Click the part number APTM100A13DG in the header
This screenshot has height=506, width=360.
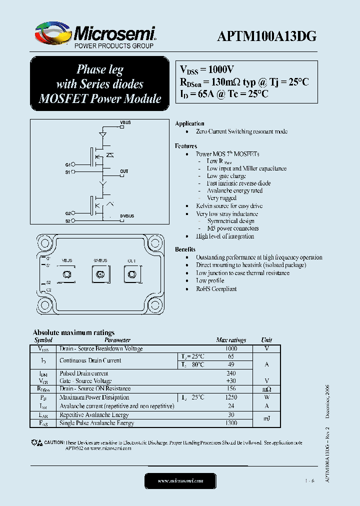266,36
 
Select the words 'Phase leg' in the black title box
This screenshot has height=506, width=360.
99,69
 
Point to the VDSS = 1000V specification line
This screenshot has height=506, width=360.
206,70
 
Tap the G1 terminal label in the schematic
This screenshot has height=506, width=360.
68,164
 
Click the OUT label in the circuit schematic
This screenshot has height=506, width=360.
124,171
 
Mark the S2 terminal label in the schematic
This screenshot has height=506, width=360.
68,220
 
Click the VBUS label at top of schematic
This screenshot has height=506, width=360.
125,122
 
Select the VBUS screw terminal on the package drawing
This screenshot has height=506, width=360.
66,274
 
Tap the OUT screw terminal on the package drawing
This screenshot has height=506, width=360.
132,274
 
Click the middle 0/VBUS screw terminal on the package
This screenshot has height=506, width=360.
99,274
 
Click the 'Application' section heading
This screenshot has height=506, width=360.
189,123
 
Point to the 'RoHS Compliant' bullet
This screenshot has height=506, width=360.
216,289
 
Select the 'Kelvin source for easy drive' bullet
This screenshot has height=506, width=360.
229,206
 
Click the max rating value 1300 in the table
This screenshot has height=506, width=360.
231,423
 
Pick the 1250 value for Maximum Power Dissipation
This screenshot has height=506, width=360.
231,397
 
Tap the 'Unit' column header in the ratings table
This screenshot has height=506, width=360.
266,340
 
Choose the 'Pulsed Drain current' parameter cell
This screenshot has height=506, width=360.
83,373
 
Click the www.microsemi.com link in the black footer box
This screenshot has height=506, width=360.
180,481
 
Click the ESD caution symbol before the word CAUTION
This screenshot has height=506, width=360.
36,443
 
